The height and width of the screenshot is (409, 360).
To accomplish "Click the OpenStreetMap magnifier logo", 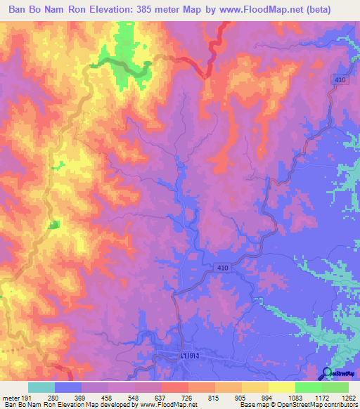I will tap(326, 373).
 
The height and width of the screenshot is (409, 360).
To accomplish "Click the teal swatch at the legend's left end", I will tap(41, 387).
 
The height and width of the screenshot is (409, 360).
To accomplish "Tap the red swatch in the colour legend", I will tap(174, 387).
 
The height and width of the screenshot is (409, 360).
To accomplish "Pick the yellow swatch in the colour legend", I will tap(281, 387).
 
